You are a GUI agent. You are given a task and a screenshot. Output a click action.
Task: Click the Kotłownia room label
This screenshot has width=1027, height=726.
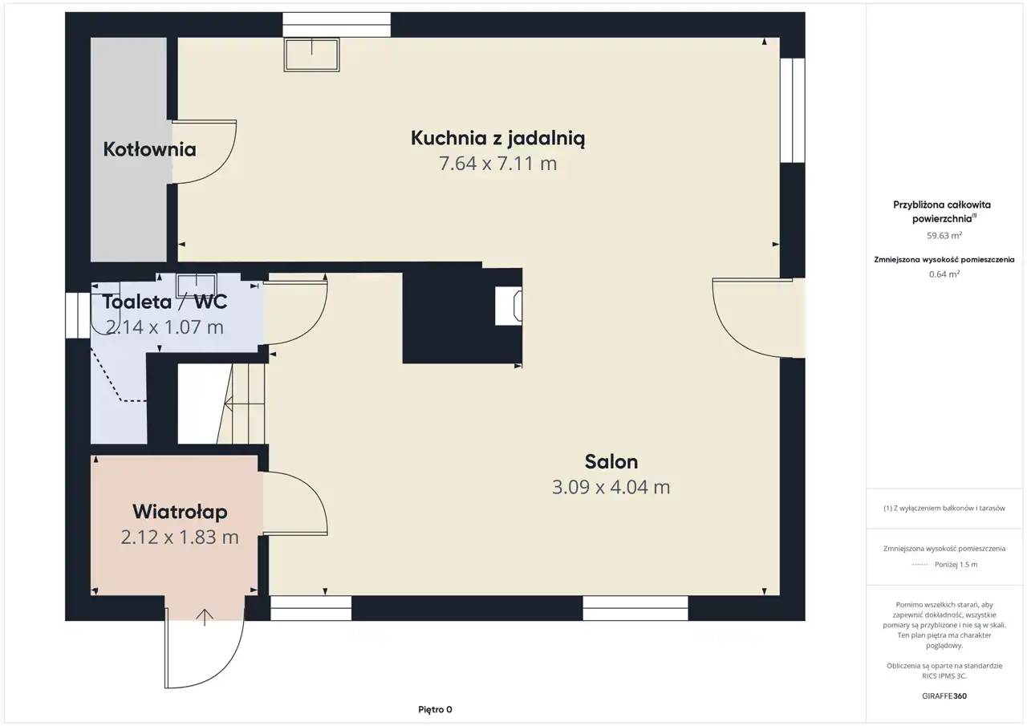tap(149, 149)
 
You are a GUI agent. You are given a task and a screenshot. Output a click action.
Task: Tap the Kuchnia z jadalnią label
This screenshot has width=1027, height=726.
tap(498, 139)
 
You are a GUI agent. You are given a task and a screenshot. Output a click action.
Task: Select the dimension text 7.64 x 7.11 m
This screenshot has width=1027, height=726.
tap(498, 164)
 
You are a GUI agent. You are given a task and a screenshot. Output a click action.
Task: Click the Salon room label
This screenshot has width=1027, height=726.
tap(611, 461)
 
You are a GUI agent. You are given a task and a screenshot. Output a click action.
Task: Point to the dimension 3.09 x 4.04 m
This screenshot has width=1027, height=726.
tap(611, 487)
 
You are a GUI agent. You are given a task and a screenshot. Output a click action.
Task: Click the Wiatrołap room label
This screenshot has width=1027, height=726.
tap(180, 512)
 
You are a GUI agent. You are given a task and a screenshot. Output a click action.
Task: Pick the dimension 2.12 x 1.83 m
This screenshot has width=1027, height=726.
tap(180, 537)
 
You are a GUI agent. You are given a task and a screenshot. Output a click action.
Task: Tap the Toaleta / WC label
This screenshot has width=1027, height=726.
tap(164, 302)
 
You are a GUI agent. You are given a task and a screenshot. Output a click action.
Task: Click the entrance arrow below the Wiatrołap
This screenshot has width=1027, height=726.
tap(205, 618)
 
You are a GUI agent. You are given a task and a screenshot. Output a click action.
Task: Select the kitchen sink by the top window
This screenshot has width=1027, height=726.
tap(312, 55)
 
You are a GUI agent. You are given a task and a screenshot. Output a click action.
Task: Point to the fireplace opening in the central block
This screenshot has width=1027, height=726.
tap(509, 306)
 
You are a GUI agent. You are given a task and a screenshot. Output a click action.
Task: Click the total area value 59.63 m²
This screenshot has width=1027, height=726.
tap(944, 236)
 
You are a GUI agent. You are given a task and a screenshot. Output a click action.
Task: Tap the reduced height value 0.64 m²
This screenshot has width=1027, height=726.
tap(944, 274)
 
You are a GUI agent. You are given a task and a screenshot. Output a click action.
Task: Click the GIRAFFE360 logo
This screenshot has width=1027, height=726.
tap(944, 696)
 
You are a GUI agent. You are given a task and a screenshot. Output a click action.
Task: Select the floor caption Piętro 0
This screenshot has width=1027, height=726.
tap(435, 709)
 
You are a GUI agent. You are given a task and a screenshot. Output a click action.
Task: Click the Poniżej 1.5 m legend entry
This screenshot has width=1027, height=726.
tap(956, 564)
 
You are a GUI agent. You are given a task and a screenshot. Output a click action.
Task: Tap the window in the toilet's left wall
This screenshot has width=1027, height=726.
tap(78, 315)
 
